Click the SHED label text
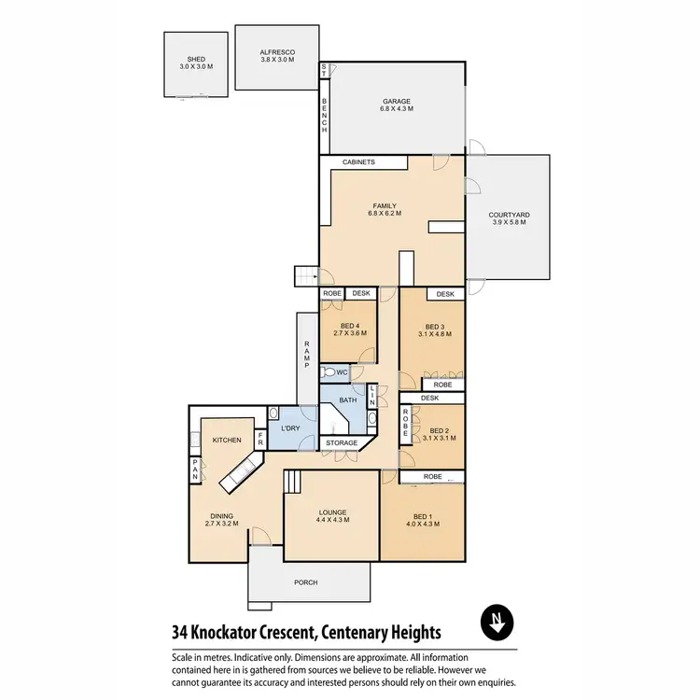click(196, 59)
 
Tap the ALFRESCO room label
click(276, 51)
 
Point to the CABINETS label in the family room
click(359, 162)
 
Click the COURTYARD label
click(509, 216)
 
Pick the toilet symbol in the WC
click(329, 372)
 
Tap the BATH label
click(348, 400)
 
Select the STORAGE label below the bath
click(342, 442)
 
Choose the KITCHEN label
click(227, 440)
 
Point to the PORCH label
click(305, 582)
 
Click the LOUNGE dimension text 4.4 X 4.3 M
click(332, 520)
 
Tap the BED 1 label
click(422, 516)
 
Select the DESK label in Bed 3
click(445, 294)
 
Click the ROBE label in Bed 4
click(331, 294)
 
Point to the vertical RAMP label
click(305, 356)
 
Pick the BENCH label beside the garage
click(324, 114)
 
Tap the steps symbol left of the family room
click(308, 275)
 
